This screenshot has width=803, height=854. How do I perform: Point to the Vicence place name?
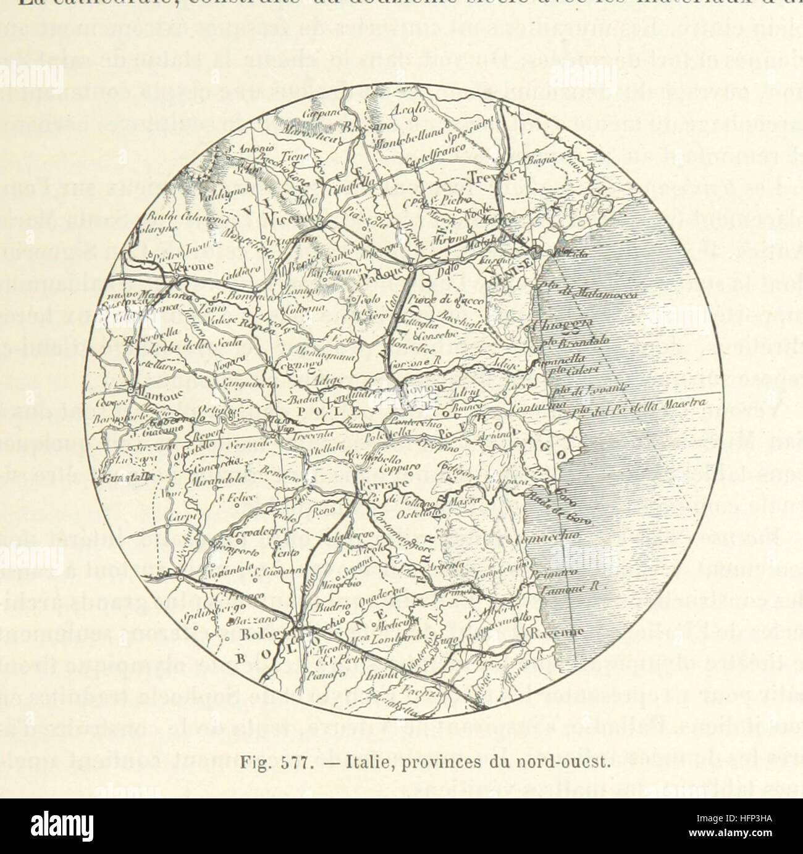[298, 220]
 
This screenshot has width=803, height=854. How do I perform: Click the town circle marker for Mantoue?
[132, 391]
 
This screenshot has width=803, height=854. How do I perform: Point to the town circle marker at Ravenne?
[523, 642]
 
